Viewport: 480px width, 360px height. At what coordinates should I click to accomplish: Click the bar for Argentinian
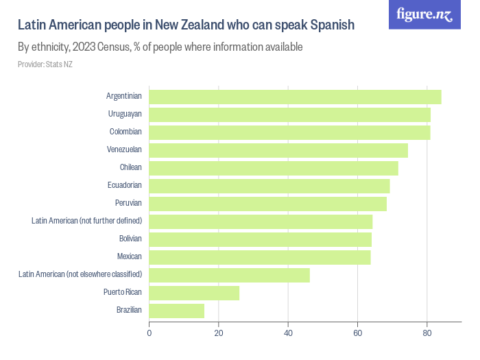click(x=295, y=97)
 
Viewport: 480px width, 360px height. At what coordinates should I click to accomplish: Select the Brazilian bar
click(x=176, y=311)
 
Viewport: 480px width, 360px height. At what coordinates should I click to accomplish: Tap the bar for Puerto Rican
click(x=194, y=293)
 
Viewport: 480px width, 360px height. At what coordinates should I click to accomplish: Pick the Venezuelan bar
click(x=278, y=150)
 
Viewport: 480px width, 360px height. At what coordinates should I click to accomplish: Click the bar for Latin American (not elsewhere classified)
click(x=229, y=275)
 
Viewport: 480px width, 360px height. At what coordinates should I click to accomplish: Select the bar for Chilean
click(x=274, y=168)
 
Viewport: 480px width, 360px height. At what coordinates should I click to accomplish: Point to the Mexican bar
click(x=260, y=257)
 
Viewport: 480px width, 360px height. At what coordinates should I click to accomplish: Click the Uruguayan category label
click(x=125, y=114)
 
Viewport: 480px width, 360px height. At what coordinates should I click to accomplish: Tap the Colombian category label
click(x=125, y=132)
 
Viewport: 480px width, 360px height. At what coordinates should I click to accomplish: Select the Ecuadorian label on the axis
click(x=125, y=185)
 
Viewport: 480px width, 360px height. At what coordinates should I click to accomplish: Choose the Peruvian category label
click(x=128, y=203)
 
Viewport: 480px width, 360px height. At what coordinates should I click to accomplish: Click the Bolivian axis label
click(x=130, y=239)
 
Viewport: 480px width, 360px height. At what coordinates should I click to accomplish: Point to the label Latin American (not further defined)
click(x=86, y=221)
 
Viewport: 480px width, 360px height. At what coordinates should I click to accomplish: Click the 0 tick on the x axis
click(x=149, y=334)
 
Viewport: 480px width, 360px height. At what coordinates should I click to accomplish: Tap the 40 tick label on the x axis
click(x=288, y=334)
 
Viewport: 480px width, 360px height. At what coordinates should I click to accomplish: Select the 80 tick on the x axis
click(x=427, y=334)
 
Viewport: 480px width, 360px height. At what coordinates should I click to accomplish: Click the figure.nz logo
click(x=424, y=14)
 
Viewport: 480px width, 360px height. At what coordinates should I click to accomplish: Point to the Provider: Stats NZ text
click(x=45, y=64)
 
